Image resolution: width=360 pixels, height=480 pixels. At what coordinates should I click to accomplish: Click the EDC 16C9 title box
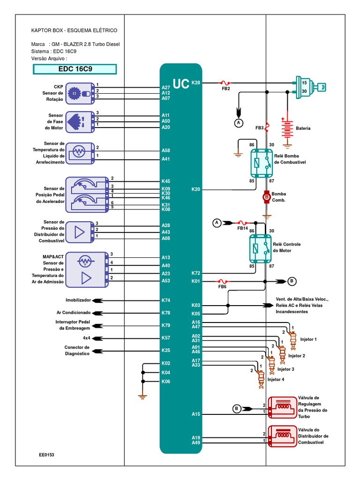(x=75, y=69)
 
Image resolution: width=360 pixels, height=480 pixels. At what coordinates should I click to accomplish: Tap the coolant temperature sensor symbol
(x=80, y=153)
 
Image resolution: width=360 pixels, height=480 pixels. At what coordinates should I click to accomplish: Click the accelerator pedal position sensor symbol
(x=87, y=195)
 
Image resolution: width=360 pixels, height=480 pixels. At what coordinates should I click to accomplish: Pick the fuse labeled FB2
(x=225, y=82)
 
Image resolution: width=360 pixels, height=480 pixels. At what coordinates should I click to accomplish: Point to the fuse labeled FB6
(x=222, y=281)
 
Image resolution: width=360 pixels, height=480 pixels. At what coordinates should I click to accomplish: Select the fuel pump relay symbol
(x=262, y=163)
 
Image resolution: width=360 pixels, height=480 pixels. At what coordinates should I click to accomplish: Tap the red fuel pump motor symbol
(x=267, y=197)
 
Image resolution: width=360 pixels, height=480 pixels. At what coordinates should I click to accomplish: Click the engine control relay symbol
(x=261, y=248)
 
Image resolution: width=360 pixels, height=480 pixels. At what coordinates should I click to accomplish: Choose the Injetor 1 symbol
(x=293, y=340)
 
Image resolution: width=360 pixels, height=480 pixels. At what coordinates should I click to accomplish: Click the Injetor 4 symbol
(x=261, y=379)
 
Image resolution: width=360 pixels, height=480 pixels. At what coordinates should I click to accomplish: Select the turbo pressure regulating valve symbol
(x=282, y=407)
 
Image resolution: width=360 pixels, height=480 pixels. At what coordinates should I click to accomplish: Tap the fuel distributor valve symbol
(x=282, y=436)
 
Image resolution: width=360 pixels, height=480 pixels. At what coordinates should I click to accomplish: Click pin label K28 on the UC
(x=195, y=82)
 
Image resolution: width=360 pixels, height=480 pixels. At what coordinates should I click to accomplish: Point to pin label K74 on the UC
(x=165, y=300)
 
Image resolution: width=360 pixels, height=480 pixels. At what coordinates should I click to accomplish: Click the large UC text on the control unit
(x=181, y=84)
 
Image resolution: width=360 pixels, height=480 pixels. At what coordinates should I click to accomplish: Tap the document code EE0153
(x=46, y=455)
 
